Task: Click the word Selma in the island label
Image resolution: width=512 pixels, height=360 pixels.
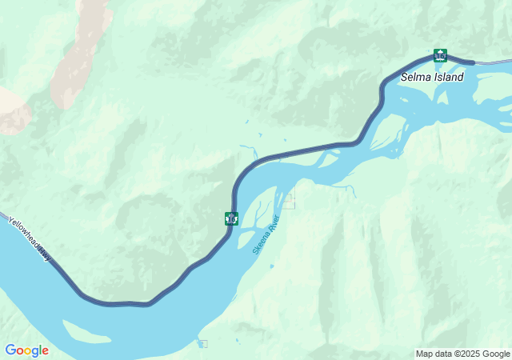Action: coord(417,78)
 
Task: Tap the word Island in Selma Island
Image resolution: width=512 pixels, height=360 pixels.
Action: coord(448,78)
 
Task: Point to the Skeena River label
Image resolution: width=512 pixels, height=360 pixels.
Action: coord(266,234)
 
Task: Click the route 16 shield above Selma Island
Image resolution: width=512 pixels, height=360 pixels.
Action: coord(440,55)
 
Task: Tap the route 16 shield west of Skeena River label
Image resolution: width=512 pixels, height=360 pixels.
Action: coord(231,218)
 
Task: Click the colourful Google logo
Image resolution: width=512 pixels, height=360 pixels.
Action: coord(26,350)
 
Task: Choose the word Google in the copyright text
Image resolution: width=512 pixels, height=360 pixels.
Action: coord(494,354)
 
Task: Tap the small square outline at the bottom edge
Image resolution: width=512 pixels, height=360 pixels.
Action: coord(202,344)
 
